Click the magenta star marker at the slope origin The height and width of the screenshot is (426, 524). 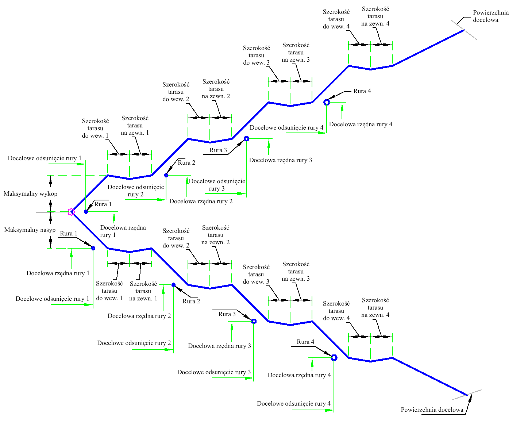tap(72, 212)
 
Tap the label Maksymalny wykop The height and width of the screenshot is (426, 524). tap(31, 194)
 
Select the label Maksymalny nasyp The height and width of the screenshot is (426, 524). tap(30, 230)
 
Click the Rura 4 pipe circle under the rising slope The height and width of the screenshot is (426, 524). tap(327, 102)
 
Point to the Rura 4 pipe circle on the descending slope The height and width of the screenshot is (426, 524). tap(334, 358)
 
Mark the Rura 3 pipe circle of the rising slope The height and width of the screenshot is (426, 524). tap(246, 139)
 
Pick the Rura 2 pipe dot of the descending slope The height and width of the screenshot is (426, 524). tap(173, 285)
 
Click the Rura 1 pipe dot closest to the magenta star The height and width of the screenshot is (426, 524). tap(86, 212)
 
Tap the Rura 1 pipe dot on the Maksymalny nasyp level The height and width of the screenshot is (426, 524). tap(93, 248)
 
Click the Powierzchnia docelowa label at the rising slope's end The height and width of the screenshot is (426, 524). tap(491, 16)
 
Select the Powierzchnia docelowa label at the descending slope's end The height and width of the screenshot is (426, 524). tap(432, 410)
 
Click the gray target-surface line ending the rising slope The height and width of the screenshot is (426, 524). tap(464, 30)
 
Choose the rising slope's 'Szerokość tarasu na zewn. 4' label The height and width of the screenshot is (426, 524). tap(375, 16)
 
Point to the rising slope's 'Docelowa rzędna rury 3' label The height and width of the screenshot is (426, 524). tap(281, 160)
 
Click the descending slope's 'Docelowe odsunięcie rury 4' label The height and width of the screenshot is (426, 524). tap(294, 404)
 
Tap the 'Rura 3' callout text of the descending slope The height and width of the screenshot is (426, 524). tap(227, 314)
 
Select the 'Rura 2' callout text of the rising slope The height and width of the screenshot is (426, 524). tap(186, 162)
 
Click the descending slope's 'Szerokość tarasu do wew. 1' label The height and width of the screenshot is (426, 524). tap(109, 291)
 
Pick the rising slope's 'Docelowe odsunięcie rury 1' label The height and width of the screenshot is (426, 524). tap(45, 158)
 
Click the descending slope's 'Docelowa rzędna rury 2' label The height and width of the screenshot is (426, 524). tap(139, 316)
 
